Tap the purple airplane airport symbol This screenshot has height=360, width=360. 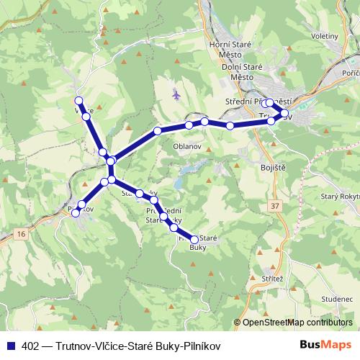176,94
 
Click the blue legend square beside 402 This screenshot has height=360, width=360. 9,345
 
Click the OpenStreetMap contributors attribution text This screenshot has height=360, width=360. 297,322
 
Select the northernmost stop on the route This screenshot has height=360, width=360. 79,101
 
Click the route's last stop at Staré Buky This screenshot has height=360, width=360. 194,240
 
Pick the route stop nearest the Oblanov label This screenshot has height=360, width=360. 189,125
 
